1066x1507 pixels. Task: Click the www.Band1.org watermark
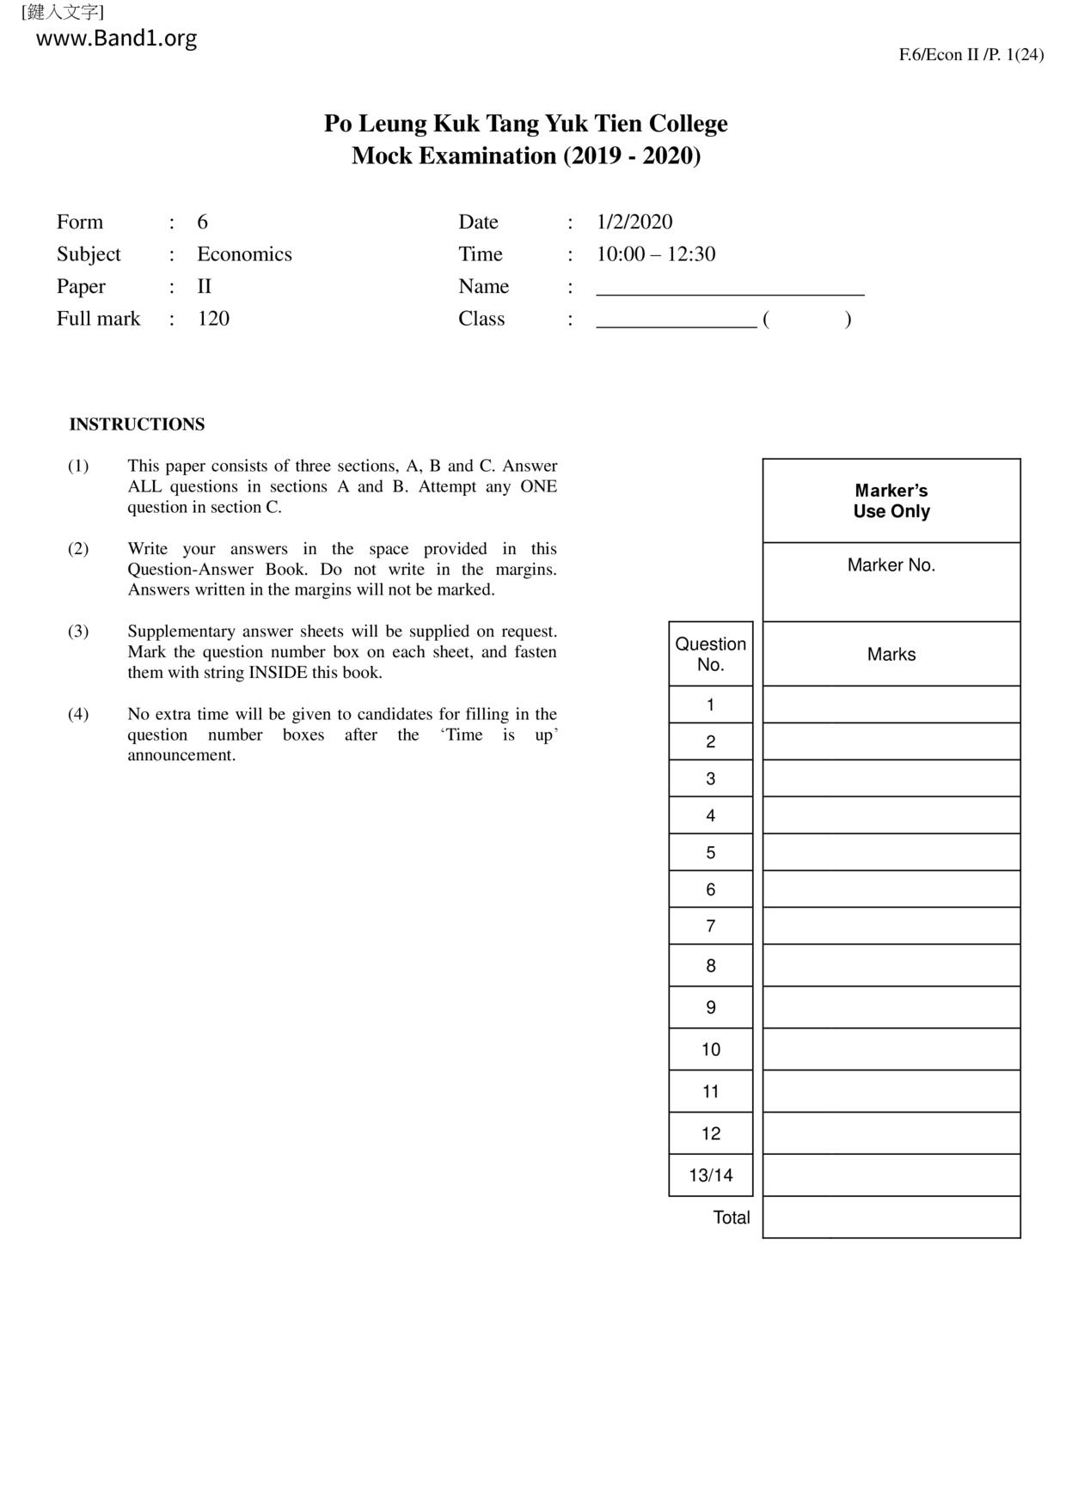click(x=116, y=39)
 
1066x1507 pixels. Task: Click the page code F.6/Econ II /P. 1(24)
click(x=971, y=55)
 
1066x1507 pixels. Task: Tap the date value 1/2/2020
click(x=634, y=222)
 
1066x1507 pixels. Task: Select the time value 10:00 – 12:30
click(x=655, y=254)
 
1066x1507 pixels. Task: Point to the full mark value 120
click(x=213, y=319)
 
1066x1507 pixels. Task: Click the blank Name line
click(x=730, y=287)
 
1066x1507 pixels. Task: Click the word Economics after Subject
click(x=244, y=254)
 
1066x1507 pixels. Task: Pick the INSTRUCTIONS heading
click(x=137, y=424)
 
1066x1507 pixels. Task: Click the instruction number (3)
click(x=78, y=631)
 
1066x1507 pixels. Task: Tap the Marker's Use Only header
click(x=891, y=501)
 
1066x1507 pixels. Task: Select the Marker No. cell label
click(x=891, y=565)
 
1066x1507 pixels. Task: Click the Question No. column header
click(x=710, y=654)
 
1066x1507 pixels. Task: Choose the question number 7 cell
click(x=710, y=926)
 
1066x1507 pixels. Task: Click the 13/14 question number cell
click(x=710, y=1175)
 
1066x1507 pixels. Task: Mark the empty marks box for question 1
click(x=891, y=705)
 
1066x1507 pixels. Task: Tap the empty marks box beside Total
click(x=891, y=1217)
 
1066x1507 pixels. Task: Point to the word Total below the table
click(x=731, y=1217)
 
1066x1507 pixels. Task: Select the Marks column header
click(x=891, y=655)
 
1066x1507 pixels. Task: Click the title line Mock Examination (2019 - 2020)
click(x=525, y=156)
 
